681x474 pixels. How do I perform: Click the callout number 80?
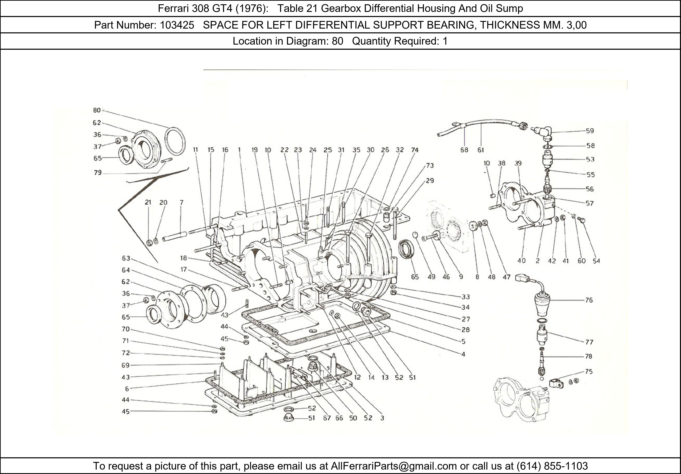click(x=97, y=110)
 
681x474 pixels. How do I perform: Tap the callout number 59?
click(x=590, y=131)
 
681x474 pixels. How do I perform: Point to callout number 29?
click(x=430, y=181)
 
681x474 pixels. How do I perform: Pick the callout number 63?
click(x=126, y=258)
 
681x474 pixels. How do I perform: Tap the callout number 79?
click(x=98, y=173)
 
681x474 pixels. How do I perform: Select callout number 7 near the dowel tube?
click(x=181, y=203)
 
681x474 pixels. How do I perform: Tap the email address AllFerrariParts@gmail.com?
click(x=394, y=466)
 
